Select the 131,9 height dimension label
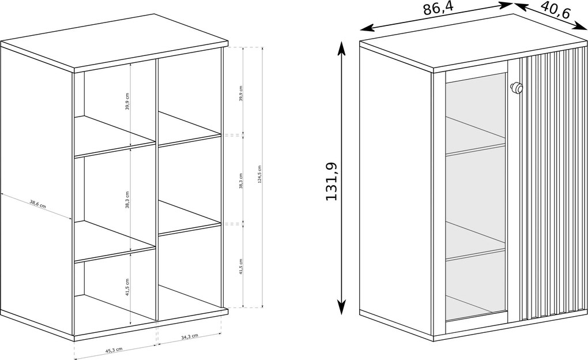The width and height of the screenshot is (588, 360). click(331, 181)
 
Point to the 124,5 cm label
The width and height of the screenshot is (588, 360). click(259, 175)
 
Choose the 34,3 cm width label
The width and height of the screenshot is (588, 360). click(190, 337)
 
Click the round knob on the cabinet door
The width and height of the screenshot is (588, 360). click(516, 88)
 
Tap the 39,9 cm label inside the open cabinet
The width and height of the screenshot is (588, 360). click(127, 102)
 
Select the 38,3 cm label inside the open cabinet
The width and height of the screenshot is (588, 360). click(127, 200)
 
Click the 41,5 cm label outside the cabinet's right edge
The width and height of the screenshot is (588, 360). click(240, 267)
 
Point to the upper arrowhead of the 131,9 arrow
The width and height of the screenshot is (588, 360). click(341, 47)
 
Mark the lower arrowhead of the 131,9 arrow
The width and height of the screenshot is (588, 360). click(341, 307)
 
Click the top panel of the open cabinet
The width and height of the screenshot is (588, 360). click(114, 43)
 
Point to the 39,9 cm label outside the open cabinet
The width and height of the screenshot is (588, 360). click(240, 93)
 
